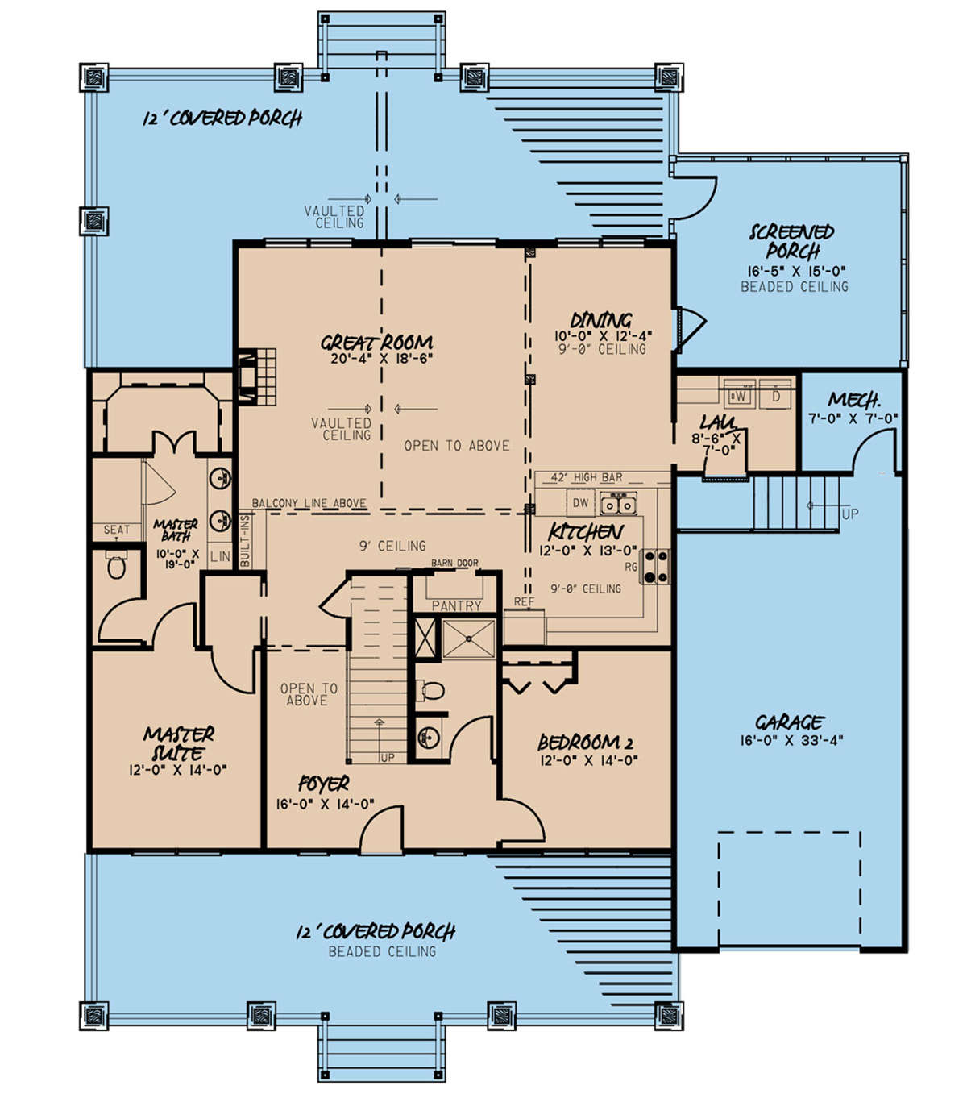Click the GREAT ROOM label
point(377,343)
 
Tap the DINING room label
point(601,320)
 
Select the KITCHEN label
point(585,532)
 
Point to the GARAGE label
point(790,722)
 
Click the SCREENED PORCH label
point(792,241)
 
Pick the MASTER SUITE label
point(178,743)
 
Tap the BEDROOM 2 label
point(585,743)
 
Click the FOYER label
point(323,783)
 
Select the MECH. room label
point(854,400)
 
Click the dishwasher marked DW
point(580,503)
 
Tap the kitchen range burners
point(655,567)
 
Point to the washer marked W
point(739,395)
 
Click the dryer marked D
point(776,395)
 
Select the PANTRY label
point(456,605)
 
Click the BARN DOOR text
point(454,564)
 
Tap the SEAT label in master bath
point(117,529)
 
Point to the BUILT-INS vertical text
point(245,540)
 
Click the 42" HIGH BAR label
point(587,477)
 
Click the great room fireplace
point(255,376)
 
